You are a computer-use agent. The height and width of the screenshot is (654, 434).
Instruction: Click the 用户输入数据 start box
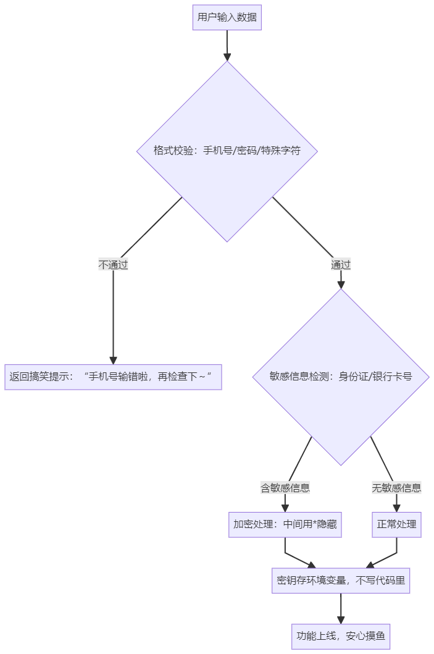click(227, 17)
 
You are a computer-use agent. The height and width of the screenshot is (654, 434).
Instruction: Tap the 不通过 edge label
click(113, 264)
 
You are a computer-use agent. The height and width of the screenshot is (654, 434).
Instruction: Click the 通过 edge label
click(341, 264)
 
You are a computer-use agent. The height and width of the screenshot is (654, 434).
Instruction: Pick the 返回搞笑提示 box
click(113, 377)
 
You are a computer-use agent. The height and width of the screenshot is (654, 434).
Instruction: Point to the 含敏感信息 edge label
click(285, 487)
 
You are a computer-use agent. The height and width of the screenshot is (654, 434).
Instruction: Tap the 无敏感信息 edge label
click(396, 487)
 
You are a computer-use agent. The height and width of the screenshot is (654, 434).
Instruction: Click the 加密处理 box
click(285, 524)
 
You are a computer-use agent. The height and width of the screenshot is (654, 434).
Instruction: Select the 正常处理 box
click(396, 524)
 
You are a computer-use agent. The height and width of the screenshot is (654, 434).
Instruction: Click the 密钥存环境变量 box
click(341, 581)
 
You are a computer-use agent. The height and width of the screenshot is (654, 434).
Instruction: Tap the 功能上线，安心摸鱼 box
click(341, 636)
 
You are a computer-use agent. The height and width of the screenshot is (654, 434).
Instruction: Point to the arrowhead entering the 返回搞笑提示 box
click(113, 360)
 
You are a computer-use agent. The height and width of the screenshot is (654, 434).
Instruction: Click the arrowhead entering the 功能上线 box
click(341, 619)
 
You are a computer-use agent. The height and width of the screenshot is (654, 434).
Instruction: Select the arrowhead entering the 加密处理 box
click(285, 508)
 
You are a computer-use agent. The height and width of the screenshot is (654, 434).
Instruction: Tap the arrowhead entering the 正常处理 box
click(396, 508)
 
